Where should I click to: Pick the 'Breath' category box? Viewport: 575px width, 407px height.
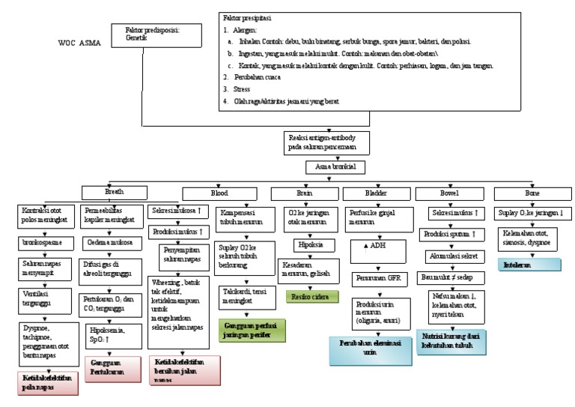[115, 193]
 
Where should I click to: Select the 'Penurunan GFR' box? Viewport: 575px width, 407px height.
[380, 280]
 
